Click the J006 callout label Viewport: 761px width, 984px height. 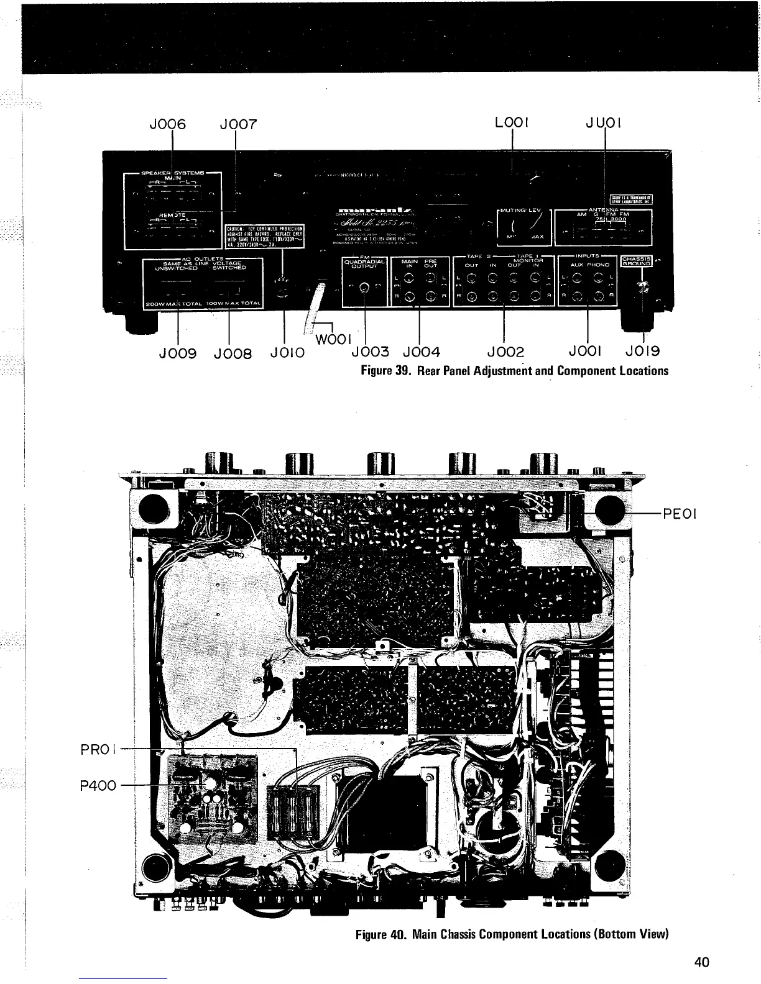(168, 124)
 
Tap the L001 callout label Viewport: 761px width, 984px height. (511, 124)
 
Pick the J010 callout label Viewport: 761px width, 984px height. (287, 353)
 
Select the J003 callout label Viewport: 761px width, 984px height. (370, 352)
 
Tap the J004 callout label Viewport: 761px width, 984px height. (422, 352)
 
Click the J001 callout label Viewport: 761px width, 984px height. (584, 352)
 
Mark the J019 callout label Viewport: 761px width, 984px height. (642, 352)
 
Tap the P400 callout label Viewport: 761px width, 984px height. (98, 785)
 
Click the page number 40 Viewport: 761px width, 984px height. (701, 962)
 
